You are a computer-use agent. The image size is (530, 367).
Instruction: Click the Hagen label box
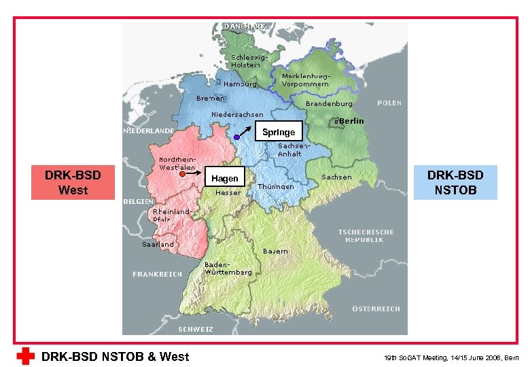coord(225,178)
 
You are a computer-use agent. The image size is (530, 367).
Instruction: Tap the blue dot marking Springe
coord(236,138)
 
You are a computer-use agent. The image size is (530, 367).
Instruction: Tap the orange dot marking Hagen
coord(183,175)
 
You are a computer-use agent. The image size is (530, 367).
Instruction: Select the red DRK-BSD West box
coord(73,183)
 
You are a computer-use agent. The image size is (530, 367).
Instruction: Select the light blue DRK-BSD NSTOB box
coord(461,182)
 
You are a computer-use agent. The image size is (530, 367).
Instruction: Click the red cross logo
coord(26,356)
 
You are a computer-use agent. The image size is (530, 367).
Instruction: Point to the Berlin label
coord(351,121)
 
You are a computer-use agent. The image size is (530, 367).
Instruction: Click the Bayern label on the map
coord(275,251)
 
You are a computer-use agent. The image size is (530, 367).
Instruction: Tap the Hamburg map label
coord(241,84)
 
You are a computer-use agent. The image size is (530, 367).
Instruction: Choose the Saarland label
coord(158,244)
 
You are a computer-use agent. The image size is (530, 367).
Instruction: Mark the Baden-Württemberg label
coord(228,268)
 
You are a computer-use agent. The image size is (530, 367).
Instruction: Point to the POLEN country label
coord(389,103)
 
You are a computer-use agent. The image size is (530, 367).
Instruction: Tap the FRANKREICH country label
coord(157,275)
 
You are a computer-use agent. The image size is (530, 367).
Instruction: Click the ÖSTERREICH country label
coord(376,309)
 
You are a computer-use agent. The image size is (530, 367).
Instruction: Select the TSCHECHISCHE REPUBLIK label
coord(366,236)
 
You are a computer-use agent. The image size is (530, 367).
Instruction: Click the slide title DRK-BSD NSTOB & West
coord(116,356)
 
